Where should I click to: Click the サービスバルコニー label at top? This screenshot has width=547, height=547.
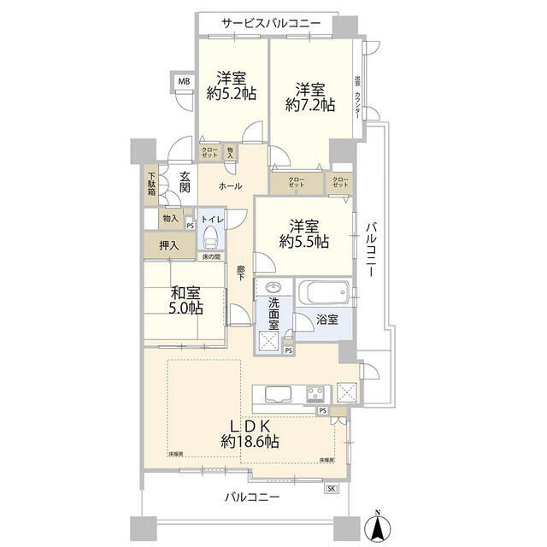pos(271,23)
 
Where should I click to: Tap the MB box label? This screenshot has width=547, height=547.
pos(184,82)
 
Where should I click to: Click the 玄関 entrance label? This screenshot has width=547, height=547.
pos(185,182)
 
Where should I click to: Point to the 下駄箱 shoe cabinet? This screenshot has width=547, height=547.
pos(150,185)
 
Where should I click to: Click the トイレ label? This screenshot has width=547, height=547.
pos(212,219)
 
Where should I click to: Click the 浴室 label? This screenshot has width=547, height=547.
pos(327,320)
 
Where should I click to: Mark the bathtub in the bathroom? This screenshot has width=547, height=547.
pos(324,293)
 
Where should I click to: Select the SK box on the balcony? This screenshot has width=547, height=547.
pos(332,488)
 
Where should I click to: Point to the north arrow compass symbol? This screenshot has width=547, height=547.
pos(377,524)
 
